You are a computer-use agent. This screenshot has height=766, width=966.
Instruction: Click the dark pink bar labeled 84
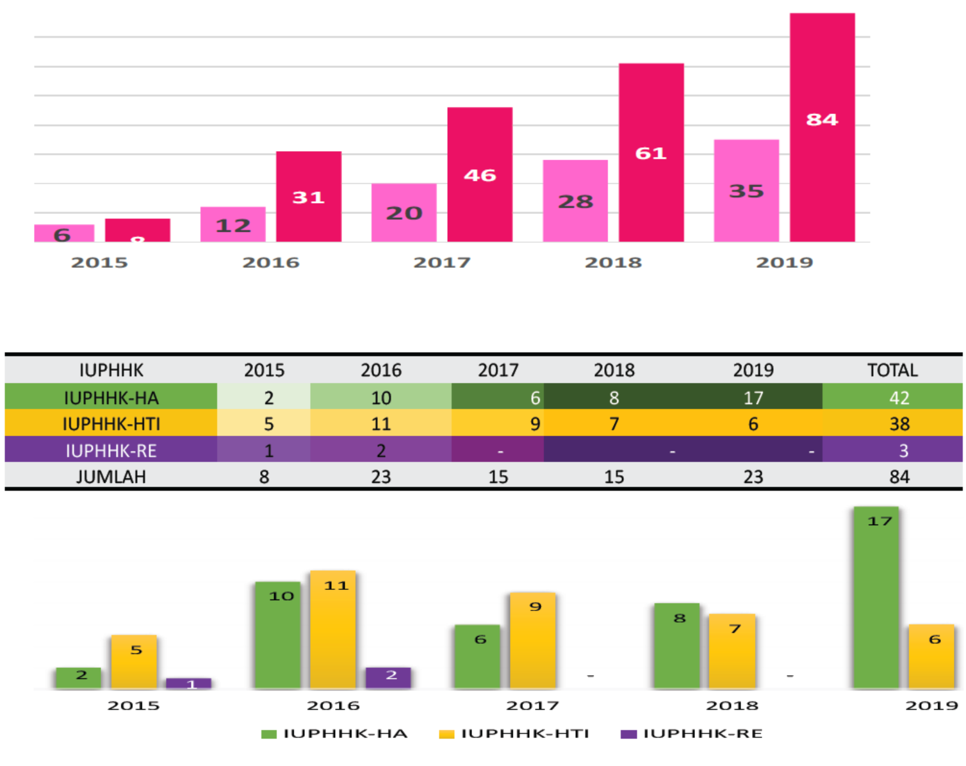[822, 128]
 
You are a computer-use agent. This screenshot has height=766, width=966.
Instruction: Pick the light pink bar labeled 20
[404, 213]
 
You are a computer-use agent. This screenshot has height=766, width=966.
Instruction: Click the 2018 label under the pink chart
[613, 263]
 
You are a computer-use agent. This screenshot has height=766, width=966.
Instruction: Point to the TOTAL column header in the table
[892, 370]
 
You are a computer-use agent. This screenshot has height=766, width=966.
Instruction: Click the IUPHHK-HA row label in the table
[111, 398]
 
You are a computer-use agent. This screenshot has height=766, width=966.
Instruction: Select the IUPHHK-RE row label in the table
[111, 450]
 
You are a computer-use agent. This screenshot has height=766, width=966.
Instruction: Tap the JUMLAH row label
[111, 477]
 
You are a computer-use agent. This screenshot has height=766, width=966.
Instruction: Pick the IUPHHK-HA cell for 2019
[753, 398]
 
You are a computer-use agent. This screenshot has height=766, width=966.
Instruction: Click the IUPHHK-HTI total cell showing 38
[899, 424]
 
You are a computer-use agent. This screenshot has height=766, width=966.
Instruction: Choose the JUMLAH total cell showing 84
[899, 477]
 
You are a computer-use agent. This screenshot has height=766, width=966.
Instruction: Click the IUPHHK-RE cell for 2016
[381, 450]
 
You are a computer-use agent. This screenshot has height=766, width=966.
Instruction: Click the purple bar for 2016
[388, 678]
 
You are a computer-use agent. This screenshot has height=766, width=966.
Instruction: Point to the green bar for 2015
[78, 678]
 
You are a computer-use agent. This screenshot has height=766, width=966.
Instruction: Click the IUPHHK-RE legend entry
[692, 734]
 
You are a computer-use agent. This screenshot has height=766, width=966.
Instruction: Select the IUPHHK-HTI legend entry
[514, 734]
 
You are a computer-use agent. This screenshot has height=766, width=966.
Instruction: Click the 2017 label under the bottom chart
[532, 706]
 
